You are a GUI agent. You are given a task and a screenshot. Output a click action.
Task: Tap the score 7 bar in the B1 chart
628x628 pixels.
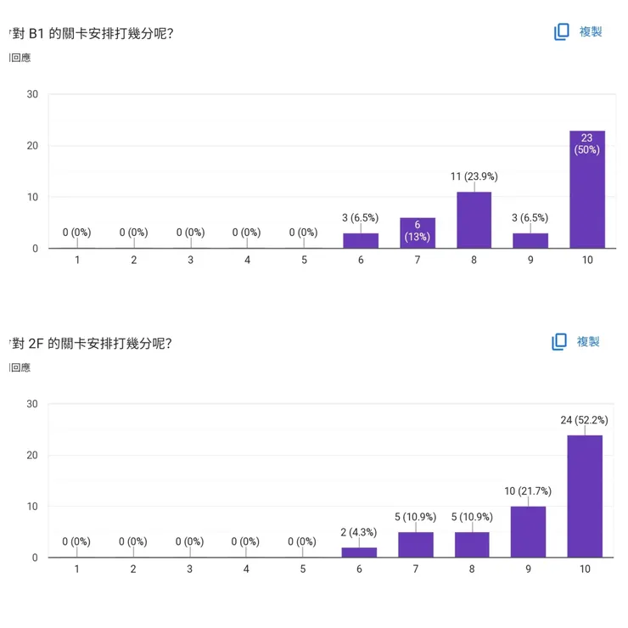[x=417, y=233]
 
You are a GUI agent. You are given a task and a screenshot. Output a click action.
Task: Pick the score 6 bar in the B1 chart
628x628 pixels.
[x=361, y=240]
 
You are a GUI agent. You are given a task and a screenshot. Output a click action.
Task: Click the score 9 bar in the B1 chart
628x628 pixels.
[x=530, y=240]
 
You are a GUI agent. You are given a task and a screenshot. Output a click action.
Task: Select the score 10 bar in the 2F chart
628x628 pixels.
[x=585, y=496]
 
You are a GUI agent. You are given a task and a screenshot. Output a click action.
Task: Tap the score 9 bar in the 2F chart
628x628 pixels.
[x=528, y=532]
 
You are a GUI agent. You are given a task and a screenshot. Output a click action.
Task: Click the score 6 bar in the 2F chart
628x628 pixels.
[x=359, y=552]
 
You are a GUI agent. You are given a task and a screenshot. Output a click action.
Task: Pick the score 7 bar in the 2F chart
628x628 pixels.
[x=416, y=545]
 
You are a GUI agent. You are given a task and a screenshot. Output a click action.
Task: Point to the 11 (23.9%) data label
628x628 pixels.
[x=474, y=177]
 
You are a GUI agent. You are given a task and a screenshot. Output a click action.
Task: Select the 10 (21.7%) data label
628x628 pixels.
[x=528, y=491]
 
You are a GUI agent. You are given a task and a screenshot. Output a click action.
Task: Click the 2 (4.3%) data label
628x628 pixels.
[x=359, y=532]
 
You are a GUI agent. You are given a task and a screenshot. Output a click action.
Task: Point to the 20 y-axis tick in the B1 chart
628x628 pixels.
[x=32, y=146]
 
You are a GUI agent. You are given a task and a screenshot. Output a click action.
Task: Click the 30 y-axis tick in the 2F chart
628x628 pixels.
[x=32, y=404]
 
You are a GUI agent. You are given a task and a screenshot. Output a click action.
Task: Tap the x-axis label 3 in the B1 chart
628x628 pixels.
[x=190, y=260]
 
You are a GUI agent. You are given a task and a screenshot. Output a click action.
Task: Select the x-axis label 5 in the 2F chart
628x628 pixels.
[x=302, y=569]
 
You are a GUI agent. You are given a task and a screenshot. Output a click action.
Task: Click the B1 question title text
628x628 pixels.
[x=93, y=33]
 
